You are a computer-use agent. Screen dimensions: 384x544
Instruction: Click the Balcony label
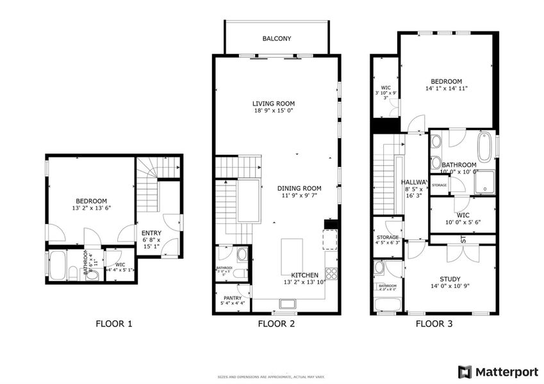pyautogui.click(x=277, y=39)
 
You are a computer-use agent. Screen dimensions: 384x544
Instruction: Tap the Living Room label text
pyautogui.click(x=273, y=104)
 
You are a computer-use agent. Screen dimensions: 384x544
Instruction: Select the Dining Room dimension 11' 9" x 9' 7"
pyautogui.click(x=299, y=196)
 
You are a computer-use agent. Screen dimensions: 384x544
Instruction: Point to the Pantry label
pyautogui.click(x=232, y=298)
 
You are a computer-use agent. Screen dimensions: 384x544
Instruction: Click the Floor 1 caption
pyautogui.click(x=113, y=324)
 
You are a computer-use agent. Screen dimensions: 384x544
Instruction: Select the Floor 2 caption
pyautogui.click(x=276, y=324)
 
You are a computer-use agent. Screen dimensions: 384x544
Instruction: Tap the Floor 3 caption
pyautogui.click(x=434, y=324)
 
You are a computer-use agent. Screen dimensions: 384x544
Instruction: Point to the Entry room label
pyautogui.click(x=151, y=233)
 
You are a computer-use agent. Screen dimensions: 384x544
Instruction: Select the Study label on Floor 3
pyautogui.click(x=449, y=279)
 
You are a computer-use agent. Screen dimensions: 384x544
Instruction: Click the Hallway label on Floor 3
pyautogui.click(x=414, y=182)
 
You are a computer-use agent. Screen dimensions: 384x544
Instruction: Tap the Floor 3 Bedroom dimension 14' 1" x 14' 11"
pyautogui.click(x=446, y=89)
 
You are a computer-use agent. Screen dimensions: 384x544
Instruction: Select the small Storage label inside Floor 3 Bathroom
pyautogui.click(x=440, y=186)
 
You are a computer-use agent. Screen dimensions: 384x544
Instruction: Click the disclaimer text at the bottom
pyautogui.click(x=272, y=376)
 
